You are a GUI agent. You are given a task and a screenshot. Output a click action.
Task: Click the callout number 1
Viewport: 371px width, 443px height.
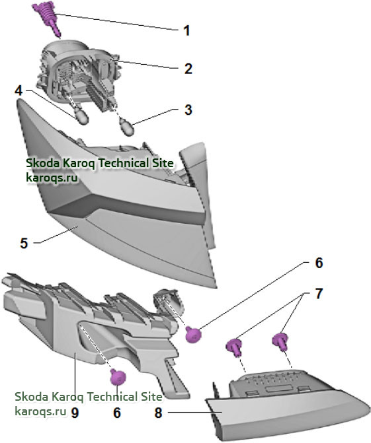(x=186, y=30)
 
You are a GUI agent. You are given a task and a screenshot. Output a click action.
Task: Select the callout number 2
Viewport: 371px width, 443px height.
(x=188, y=69)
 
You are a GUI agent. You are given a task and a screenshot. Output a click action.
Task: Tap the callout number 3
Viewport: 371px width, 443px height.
(x=188, y=110)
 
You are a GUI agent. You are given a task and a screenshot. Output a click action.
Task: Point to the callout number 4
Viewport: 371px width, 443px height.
(x=19, y=90)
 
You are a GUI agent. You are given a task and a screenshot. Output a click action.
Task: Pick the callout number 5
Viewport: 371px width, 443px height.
(x=24, y=243)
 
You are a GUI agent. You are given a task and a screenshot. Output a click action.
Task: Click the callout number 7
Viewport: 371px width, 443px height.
(x=319, y=294)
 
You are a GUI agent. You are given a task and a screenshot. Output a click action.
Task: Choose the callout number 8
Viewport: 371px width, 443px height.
(x=158, y=413)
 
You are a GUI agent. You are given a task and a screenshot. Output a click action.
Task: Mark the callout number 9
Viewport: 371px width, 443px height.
(x=75, y=413)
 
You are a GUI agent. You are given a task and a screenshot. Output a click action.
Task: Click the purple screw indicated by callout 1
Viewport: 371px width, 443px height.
(x=47, y=18)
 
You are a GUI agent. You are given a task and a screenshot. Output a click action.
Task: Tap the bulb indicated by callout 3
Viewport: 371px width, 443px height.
(x=127, y=127)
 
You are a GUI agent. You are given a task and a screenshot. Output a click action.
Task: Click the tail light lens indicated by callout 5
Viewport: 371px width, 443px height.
(x=119, y=198)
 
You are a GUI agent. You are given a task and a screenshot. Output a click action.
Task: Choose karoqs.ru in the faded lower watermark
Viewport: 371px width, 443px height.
(x=40, y=411)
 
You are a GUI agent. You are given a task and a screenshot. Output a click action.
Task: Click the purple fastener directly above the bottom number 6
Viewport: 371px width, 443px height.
(x=118, y=377)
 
